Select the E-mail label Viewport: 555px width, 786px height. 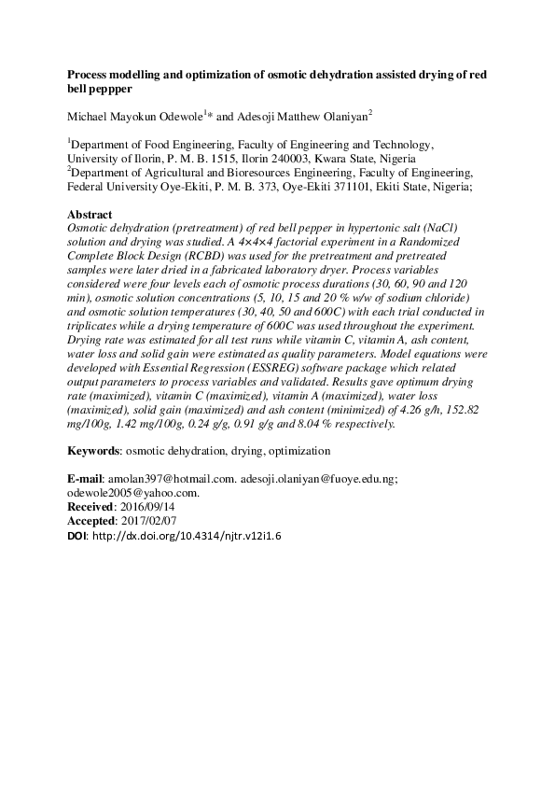(89, 479)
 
